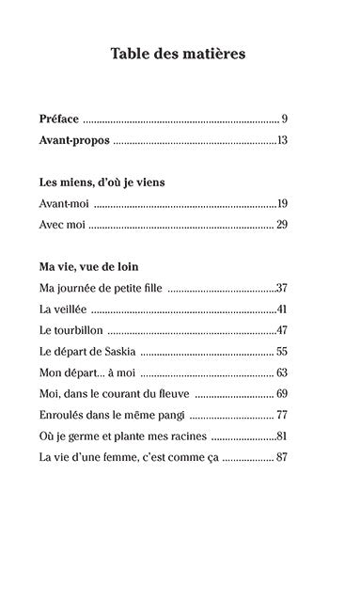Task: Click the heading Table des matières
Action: (179, 54)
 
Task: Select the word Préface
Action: (61, 119)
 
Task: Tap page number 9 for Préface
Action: (284, 119)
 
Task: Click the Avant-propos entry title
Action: (76, 141)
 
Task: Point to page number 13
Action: (281, 141)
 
